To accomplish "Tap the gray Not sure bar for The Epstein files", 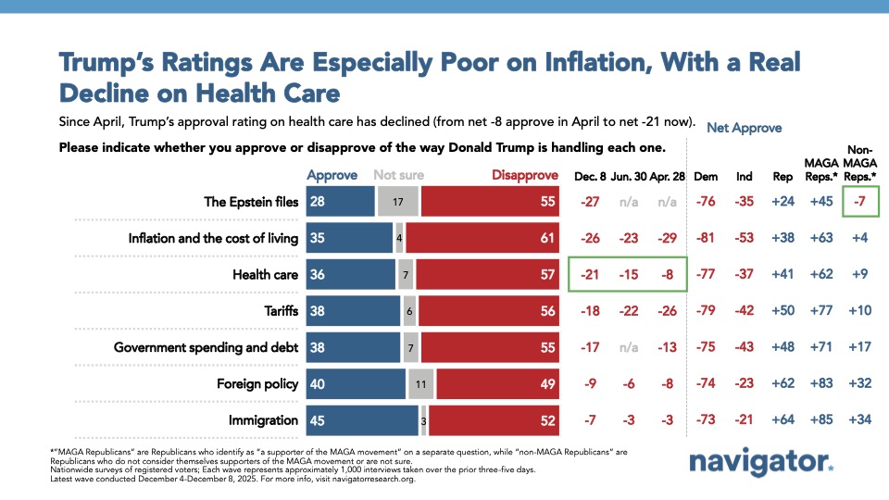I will pos(398,202).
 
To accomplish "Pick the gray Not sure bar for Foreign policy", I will pos(420,383).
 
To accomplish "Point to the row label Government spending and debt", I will pos(206,347).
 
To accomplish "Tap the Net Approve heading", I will pos(744,128).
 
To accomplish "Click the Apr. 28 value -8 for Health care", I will pos(665,275).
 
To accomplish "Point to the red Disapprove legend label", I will pos(524,175).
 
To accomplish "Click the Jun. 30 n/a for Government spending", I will pos(627,347).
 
